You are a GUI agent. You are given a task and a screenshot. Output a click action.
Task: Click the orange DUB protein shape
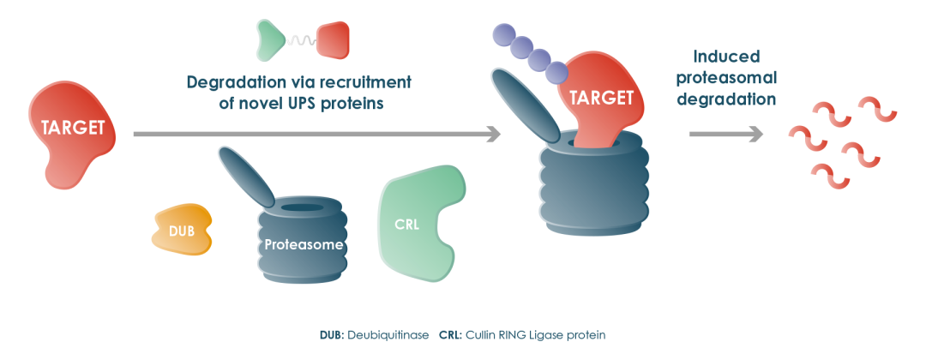[x=181, y=230]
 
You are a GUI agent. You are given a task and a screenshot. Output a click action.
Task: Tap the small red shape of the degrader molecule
[x=333, y=39]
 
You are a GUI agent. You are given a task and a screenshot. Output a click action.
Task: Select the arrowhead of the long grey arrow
[x=493, y=134]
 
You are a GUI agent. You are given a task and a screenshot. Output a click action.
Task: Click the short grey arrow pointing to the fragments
[x=725, y=134]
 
